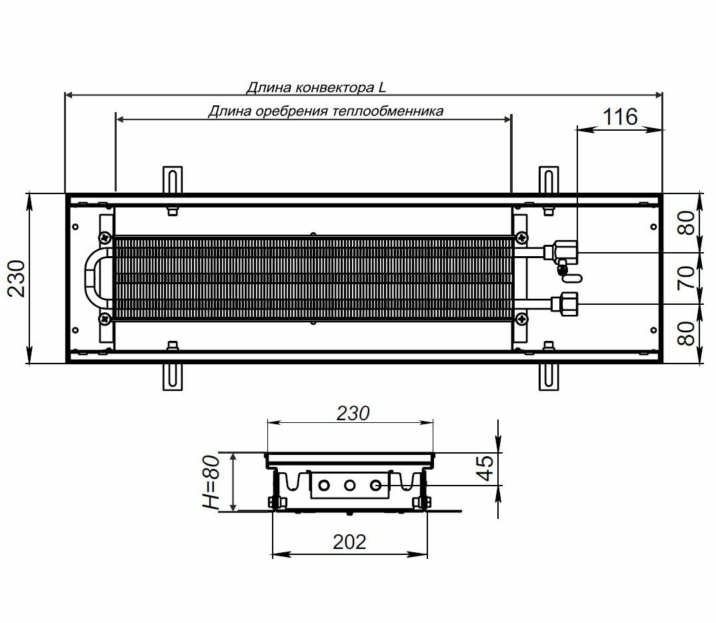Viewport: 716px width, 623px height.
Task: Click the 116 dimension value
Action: [620, 117]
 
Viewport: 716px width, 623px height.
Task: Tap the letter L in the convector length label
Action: [381, 87]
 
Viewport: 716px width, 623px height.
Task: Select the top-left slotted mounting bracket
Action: [172, 180]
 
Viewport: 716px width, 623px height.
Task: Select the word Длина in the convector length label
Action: [265, 87]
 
